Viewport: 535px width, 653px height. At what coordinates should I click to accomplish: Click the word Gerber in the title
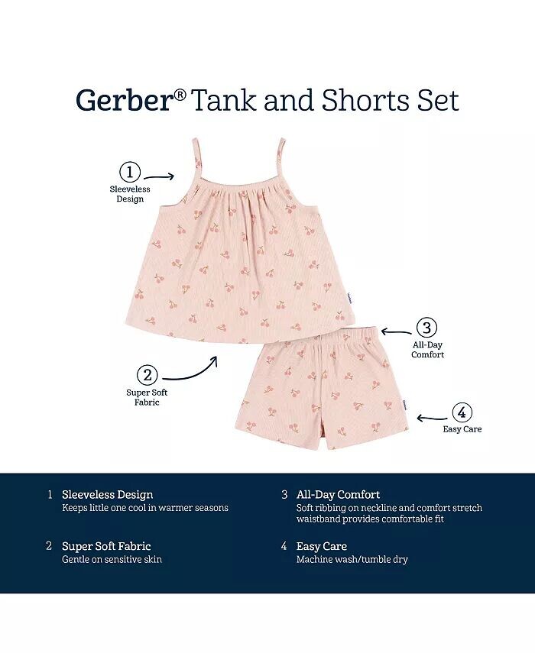click(124, 100)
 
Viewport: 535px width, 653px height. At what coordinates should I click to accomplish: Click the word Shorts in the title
click(365, 100)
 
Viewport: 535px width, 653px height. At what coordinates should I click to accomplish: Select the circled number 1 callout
click(130, 172)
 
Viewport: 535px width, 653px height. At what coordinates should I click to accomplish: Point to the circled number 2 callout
click(148, 375)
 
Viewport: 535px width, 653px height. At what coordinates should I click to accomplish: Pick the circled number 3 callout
click(427, 328)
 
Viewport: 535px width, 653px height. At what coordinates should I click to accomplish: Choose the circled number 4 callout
click(462, 412)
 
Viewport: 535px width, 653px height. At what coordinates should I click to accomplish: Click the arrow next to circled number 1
click(158, 177)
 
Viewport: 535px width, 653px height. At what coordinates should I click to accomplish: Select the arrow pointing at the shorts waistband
click(397, 332)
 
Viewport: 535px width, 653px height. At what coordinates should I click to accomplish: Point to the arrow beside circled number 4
click(432, 418)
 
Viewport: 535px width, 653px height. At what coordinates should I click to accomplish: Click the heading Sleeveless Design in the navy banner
click(108, 495)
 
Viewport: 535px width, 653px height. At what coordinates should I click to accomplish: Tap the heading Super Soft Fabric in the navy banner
click(106, 546)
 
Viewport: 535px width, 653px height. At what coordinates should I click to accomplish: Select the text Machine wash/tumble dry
click(352, 559)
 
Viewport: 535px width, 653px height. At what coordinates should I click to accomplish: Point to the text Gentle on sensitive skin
click(112, 559)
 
